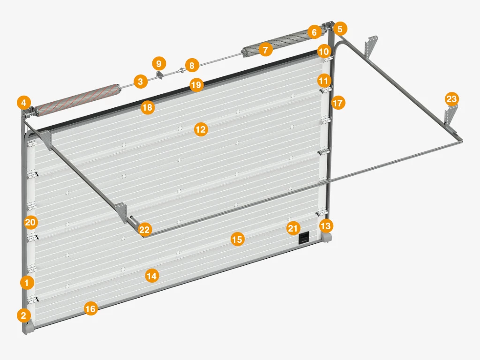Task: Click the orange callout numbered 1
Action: [x=27, y=283]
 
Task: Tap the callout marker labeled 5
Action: [x=340, y=29]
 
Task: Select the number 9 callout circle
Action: [x=158, y=63]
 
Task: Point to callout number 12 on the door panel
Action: [x=201, y=129]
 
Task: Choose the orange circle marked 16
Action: [x=90, y=308]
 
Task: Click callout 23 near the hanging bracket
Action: [x=451, y=99]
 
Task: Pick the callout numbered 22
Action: [x=144, y=229]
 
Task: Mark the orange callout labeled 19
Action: [x=196, y=84]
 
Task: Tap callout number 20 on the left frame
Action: [x=30, y=222]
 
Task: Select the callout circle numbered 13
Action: [x=326, y=226]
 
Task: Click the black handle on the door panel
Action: [x=304, y=238]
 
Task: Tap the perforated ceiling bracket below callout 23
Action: [x=450, y=118]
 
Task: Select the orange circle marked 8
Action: [x=192, y=66]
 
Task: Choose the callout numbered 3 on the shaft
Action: [x=140, y=82]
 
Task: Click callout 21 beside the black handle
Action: [x=293, y=228]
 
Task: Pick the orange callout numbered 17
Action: [x=338, y=103]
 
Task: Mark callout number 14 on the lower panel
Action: [x=151, y=276]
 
